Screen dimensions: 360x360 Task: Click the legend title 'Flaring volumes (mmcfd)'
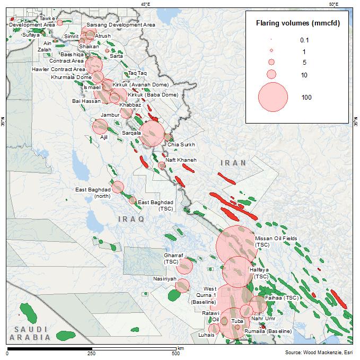[297, 23]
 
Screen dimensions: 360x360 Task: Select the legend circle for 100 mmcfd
[273, 96]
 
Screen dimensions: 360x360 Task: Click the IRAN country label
[233, 163]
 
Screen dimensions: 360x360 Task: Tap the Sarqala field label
[131, 133]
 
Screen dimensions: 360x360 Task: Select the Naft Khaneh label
[181, 160]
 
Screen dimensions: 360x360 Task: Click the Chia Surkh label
[181, 144]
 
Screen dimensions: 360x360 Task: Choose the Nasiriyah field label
[165, 278]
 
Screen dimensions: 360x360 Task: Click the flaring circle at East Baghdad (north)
[118, 187]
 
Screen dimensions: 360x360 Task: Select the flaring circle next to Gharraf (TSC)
[184, 267]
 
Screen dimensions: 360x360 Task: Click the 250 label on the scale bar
[91, 353]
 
